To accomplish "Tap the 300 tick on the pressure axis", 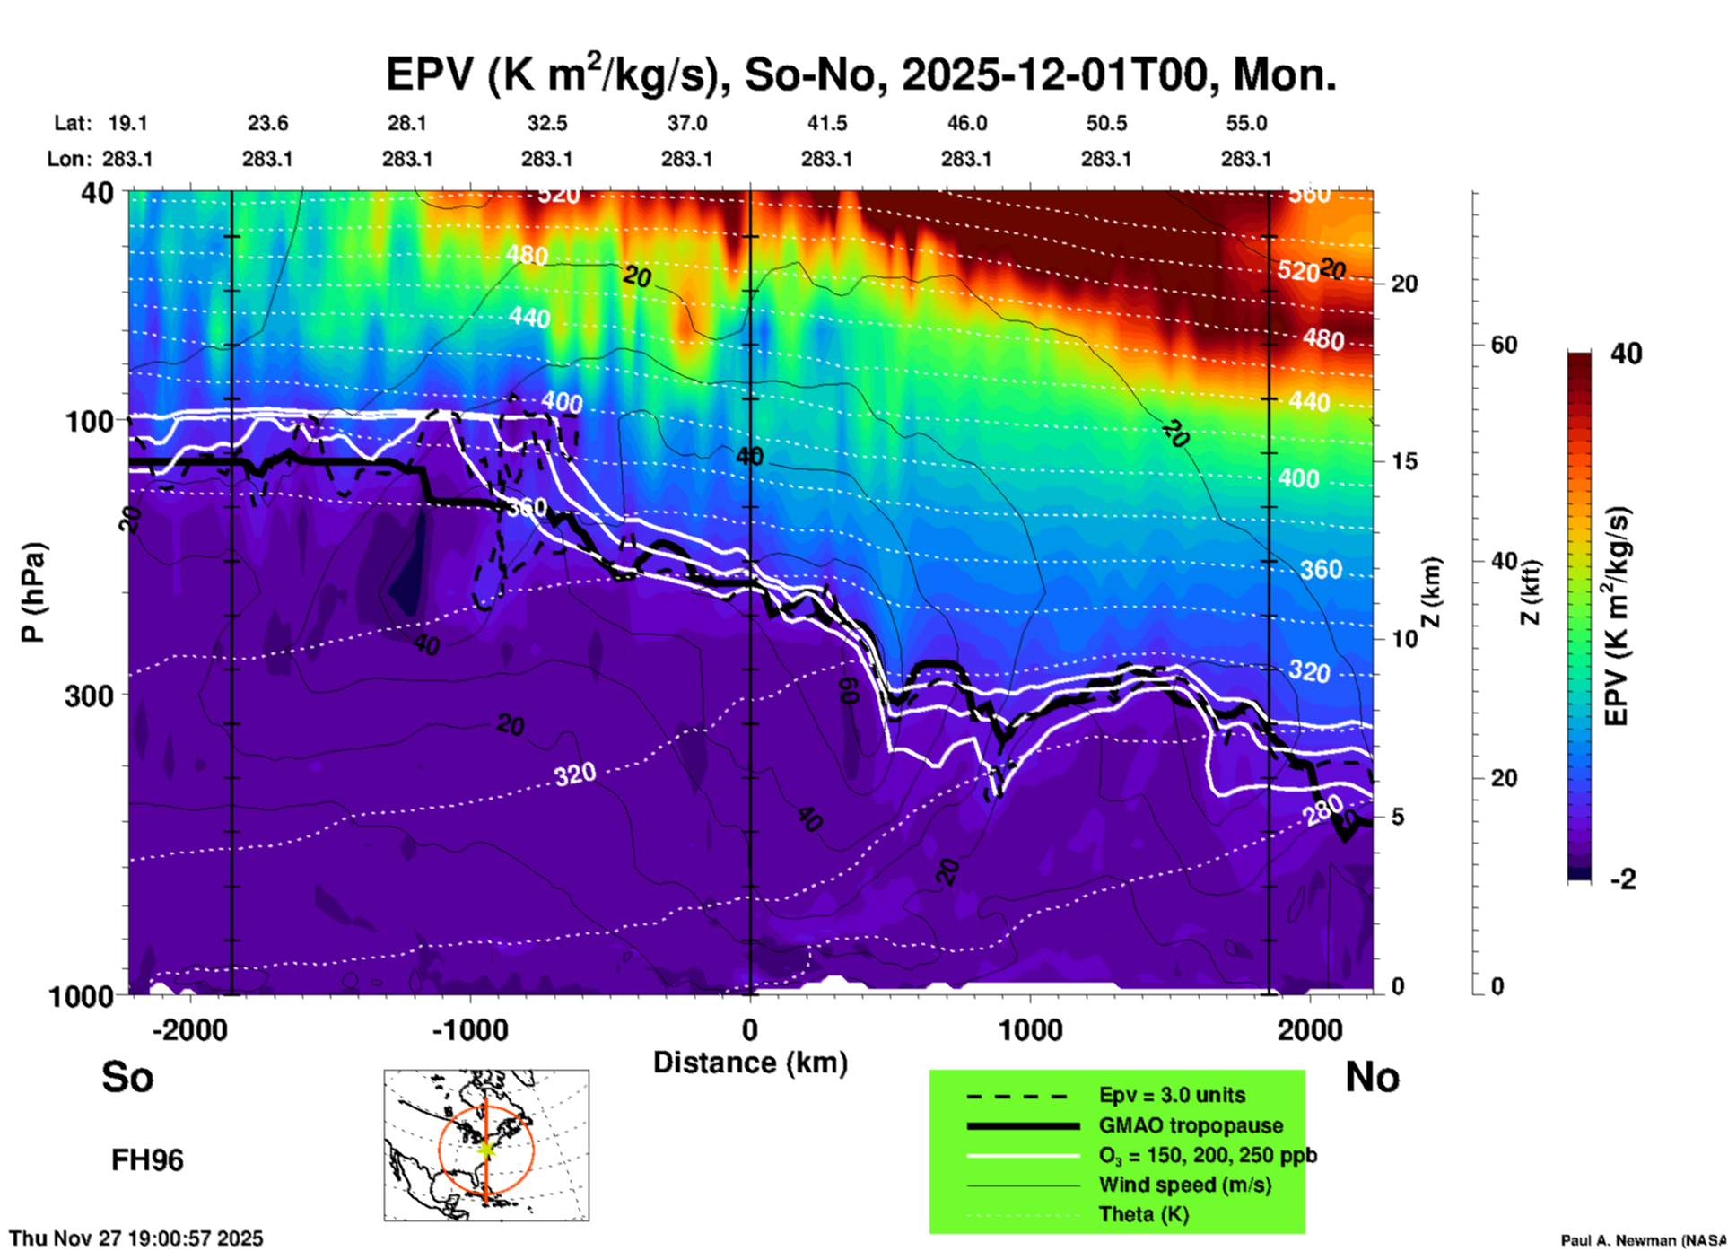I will [90, 695].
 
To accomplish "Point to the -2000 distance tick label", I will [189, 1030].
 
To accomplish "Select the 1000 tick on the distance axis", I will [1030, 1030].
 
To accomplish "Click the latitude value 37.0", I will [686, 123].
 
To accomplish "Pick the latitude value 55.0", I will [1246, 123].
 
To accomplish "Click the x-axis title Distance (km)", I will [750, 1063].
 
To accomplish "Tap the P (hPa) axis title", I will [33, 591].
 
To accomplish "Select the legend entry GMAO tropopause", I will [1191, 1125].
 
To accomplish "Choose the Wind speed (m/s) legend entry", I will [1184, 1185].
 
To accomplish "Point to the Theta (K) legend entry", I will [1143, 1214].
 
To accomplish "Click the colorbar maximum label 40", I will [1626, 354].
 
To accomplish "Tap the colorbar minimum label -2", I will [1623, 879].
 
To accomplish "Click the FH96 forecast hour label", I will [147, 1160].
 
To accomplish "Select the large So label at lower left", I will [127, 1077].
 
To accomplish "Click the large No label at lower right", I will [1372, 1077].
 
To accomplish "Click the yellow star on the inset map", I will [485, 1148].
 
